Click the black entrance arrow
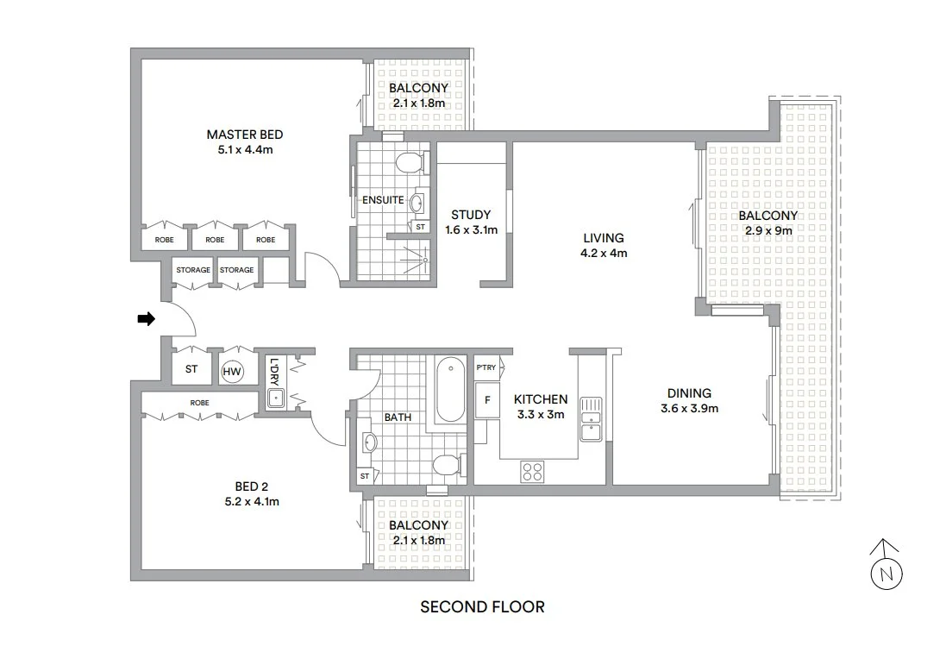tap(146, 319)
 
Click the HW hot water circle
tap(232, 371)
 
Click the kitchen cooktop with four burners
tap(532, 471)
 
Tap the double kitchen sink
tap(591, 418)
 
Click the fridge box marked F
tap(487, 400)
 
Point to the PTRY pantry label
tap(486, 367)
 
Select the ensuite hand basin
tap(417, 204)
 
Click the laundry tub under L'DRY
tap(276, 398)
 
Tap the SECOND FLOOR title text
tap(482, 607)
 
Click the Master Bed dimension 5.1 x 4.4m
tap(245, 149)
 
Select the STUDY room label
tap(471, 215)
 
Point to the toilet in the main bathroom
tap(447, 466)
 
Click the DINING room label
tap(689, 393)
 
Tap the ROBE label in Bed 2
tap(199, 402)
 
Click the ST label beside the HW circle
tap(191, 370)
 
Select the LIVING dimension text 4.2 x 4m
tap(604, 253)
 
